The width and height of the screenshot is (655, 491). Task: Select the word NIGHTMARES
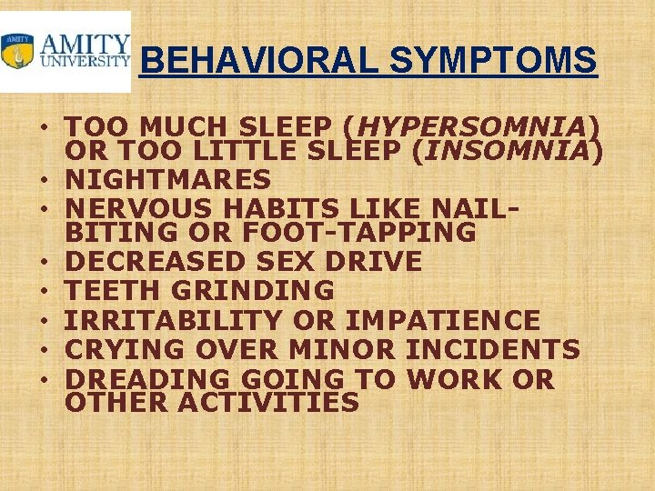point(168,179)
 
